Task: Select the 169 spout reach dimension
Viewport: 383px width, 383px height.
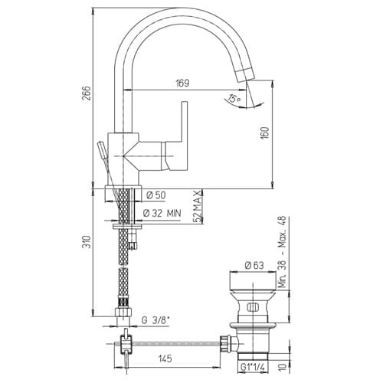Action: pyautogui.click(x=182, y=83)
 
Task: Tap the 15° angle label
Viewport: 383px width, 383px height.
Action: pyautogui.click(x=234, y=99)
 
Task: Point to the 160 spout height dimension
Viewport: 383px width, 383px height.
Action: pyautogui.click(x=265, y=133)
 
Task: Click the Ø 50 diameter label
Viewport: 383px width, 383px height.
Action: pyautogui.click(x=156, y=195)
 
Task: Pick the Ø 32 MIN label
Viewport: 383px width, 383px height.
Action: pyautogui.click(x=162, y=213)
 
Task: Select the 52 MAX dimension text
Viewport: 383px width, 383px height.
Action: pyautogui.click(x=198, y=207)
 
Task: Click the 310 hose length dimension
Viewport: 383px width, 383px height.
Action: pyautogui.click(x=87, y=242)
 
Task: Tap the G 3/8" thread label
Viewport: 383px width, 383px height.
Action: pyautogui.click(x=155, y=320)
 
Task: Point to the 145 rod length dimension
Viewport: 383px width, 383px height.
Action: pyautogui.click(x=165, y=358)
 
